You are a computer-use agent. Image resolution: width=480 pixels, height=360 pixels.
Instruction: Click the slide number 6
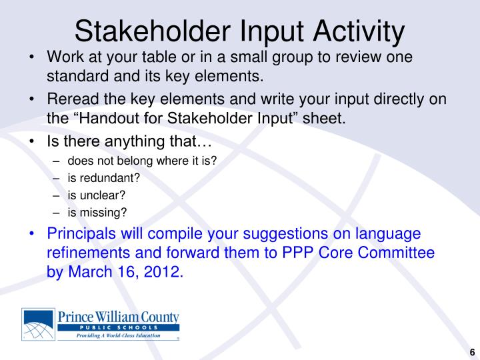[x=472, y=352]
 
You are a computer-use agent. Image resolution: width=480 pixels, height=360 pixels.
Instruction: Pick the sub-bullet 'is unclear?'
[x=97, y=195]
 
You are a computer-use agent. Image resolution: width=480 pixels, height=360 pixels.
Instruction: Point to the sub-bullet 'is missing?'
[x=97, y=213]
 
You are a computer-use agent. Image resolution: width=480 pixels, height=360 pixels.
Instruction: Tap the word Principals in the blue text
[x=84, y=234]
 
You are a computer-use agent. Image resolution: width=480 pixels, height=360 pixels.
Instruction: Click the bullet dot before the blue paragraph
[x=33, y=234]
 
